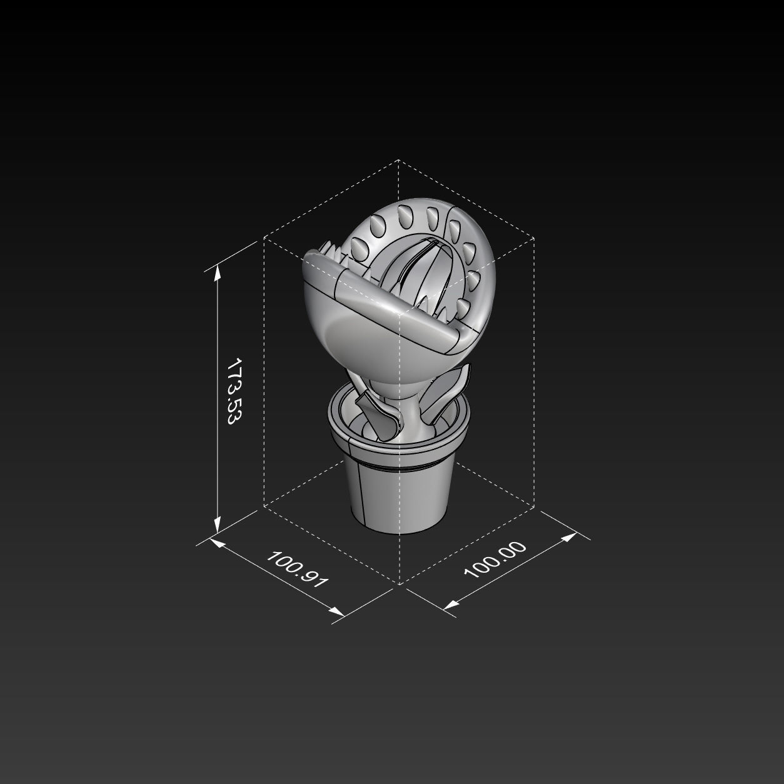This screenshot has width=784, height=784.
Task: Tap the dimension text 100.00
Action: click(x=495, y=560)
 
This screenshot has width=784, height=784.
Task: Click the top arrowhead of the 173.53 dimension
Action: click(x=218, y=271)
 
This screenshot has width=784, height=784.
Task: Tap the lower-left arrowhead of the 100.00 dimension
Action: click(x=450, y=605)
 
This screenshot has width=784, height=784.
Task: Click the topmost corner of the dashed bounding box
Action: click(x=399, y=160)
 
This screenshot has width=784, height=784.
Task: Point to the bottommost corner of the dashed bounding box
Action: click(x=399, y=584)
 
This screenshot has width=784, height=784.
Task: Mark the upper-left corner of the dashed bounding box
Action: click(x=264, y=238)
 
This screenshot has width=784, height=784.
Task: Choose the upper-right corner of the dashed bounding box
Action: click(x=534, y=238)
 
